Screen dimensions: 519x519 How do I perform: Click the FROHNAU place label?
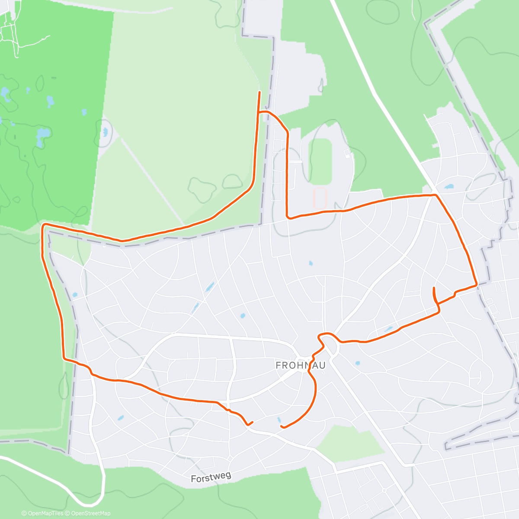click(301, 365)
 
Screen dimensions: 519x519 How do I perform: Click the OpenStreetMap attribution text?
click(90, 513)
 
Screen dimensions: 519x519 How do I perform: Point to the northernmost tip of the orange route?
click(259, 92)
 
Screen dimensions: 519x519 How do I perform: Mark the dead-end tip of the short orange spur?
click(434, 288)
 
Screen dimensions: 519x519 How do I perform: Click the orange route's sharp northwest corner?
click(43, 224)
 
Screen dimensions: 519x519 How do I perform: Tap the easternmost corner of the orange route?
click(476, 285)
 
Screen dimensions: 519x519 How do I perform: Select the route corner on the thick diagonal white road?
click(435, 195)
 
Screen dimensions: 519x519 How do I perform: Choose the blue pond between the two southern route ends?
click(279, 420)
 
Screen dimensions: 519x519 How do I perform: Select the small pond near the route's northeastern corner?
click(448, 187)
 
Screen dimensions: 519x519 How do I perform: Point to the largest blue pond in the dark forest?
click(42, 136)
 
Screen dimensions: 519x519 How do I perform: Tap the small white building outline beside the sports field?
click(346, 153)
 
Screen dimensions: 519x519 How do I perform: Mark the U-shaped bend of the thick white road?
click(91, 503)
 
